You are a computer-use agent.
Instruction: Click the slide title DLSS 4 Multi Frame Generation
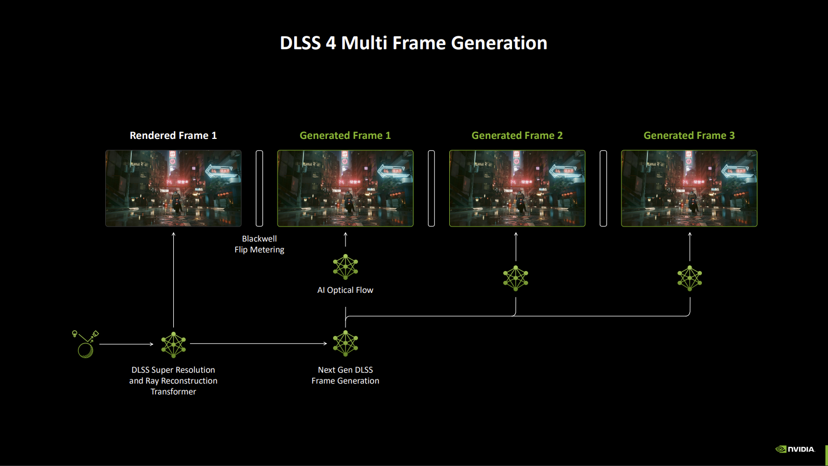click(x=413, y=43)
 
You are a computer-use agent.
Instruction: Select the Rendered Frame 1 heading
click(x=173, y=135)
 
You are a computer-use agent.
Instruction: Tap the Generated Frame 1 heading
click(x=345, y=135)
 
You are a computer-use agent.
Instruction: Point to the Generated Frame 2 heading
click(x=517, y=135)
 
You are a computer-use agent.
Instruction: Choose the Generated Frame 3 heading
click(x=689, y=135)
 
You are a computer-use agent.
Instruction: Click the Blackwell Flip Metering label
click(x=259, y=244)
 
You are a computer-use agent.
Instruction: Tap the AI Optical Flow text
click(x=345, y=290)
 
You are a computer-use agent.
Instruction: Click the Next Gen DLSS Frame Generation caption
click(x=345, y=375)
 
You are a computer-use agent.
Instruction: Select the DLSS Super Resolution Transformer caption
click(x=173, y=380)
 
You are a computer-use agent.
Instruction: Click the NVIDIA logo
click(x=795, y=449)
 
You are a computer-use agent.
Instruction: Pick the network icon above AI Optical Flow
click(x=346, y=267)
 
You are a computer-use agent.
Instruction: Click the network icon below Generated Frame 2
click(x=516, y=278)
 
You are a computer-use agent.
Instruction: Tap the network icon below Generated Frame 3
click(x=689, y=278)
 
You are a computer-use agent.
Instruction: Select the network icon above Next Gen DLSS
click(x=346, y=344)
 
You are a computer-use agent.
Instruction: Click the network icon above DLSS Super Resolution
click(x=173, y=345)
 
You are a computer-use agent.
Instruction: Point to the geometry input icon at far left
click(x=85, y=344)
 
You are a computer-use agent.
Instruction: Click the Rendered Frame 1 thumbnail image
click(x=173, y=188)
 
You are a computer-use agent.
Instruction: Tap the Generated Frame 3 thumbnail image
click(x=689, y=188)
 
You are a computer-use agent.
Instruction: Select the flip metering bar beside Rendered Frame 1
click(x=259, y=188)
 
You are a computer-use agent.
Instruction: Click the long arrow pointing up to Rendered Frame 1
click(x=173, y=280)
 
